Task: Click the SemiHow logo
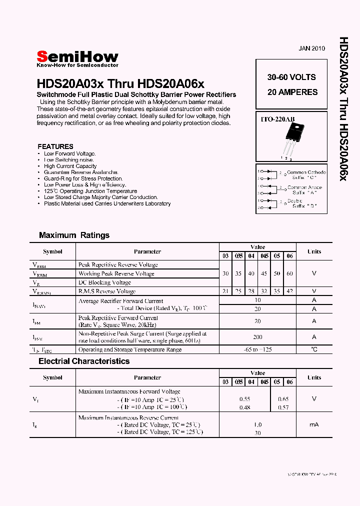coord(77,58)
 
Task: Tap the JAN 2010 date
coord(311,48)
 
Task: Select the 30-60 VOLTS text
coord(291,77)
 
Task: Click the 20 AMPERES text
coord(292,92)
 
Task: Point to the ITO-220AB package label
coord(278,119)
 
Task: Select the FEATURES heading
coord(55,146)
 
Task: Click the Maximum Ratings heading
coord(74,235)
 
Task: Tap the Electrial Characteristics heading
coord(84,361)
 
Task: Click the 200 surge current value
coord(257,337)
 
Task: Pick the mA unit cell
coord(314,424)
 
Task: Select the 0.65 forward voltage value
coord(283,399)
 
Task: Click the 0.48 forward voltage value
coord(244,407)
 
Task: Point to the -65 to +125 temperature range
coord(257,349)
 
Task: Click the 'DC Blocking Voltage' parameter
coord(104,282)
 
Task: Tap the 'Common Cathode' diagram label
coord(306,172)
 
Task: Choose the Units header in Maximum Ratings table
coord(314,251)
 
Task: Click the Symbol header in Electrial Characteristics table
coord(52,377)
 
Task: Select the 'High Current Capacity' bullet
coord(70,166)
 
